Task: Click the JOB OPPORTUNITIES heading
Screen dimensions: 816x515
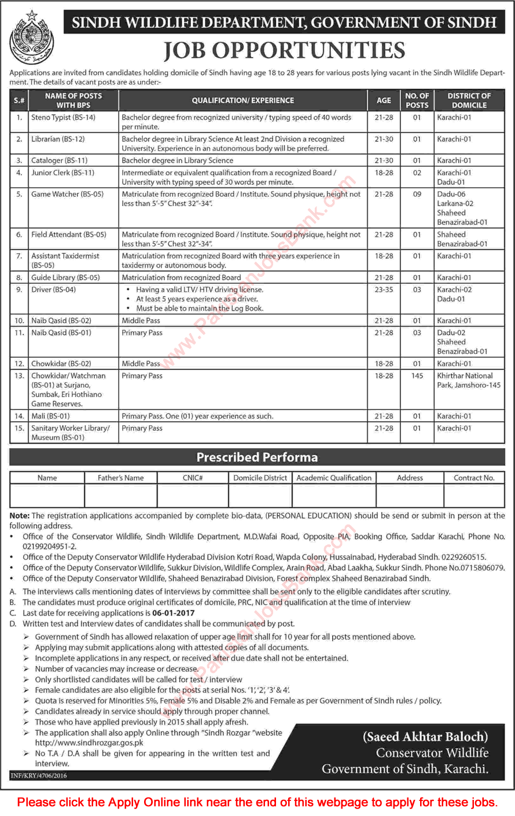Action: pos(284,51)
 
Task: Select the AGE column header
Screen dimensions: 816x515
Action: pos(384,100)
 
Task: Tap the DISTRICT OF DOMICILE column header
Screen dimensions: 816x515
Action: pos(469,100)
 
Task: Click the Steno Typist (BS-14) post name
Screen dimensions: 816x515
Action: pos(63,118)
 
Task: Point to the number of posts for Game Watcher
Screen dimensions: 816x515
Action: pos(417,195)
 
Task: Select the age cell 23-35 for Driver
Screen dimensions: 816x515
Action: pos(384,290)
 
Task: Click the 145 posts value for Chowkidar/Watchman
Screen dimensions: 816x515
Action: pos(417,376)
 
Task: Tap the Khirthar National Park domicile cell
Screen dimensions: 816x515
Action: pos(469,380)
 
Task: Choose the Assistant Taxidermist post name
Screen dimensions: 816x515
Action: pos(65,260)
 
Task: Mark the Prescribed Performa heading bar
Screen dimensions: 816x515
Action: pos(257,458)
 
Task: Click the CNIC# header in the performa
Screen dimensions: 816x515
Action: pos(193,478)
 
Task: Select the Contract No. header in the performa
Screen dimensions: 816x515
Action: pos(474,478)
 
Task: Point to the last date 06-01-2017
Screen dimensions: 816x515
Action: pos(174,613)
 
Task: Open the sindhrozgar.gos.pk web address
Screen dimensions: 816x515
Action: pos(89,742)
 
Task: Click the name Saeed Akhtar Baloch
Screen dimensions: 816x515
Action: pos(425,737)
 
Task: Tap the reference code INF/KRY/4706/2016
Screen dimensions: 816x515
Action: pos(39,775)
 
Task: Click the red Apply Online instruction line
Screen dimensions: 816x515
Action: pos(257,802)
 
